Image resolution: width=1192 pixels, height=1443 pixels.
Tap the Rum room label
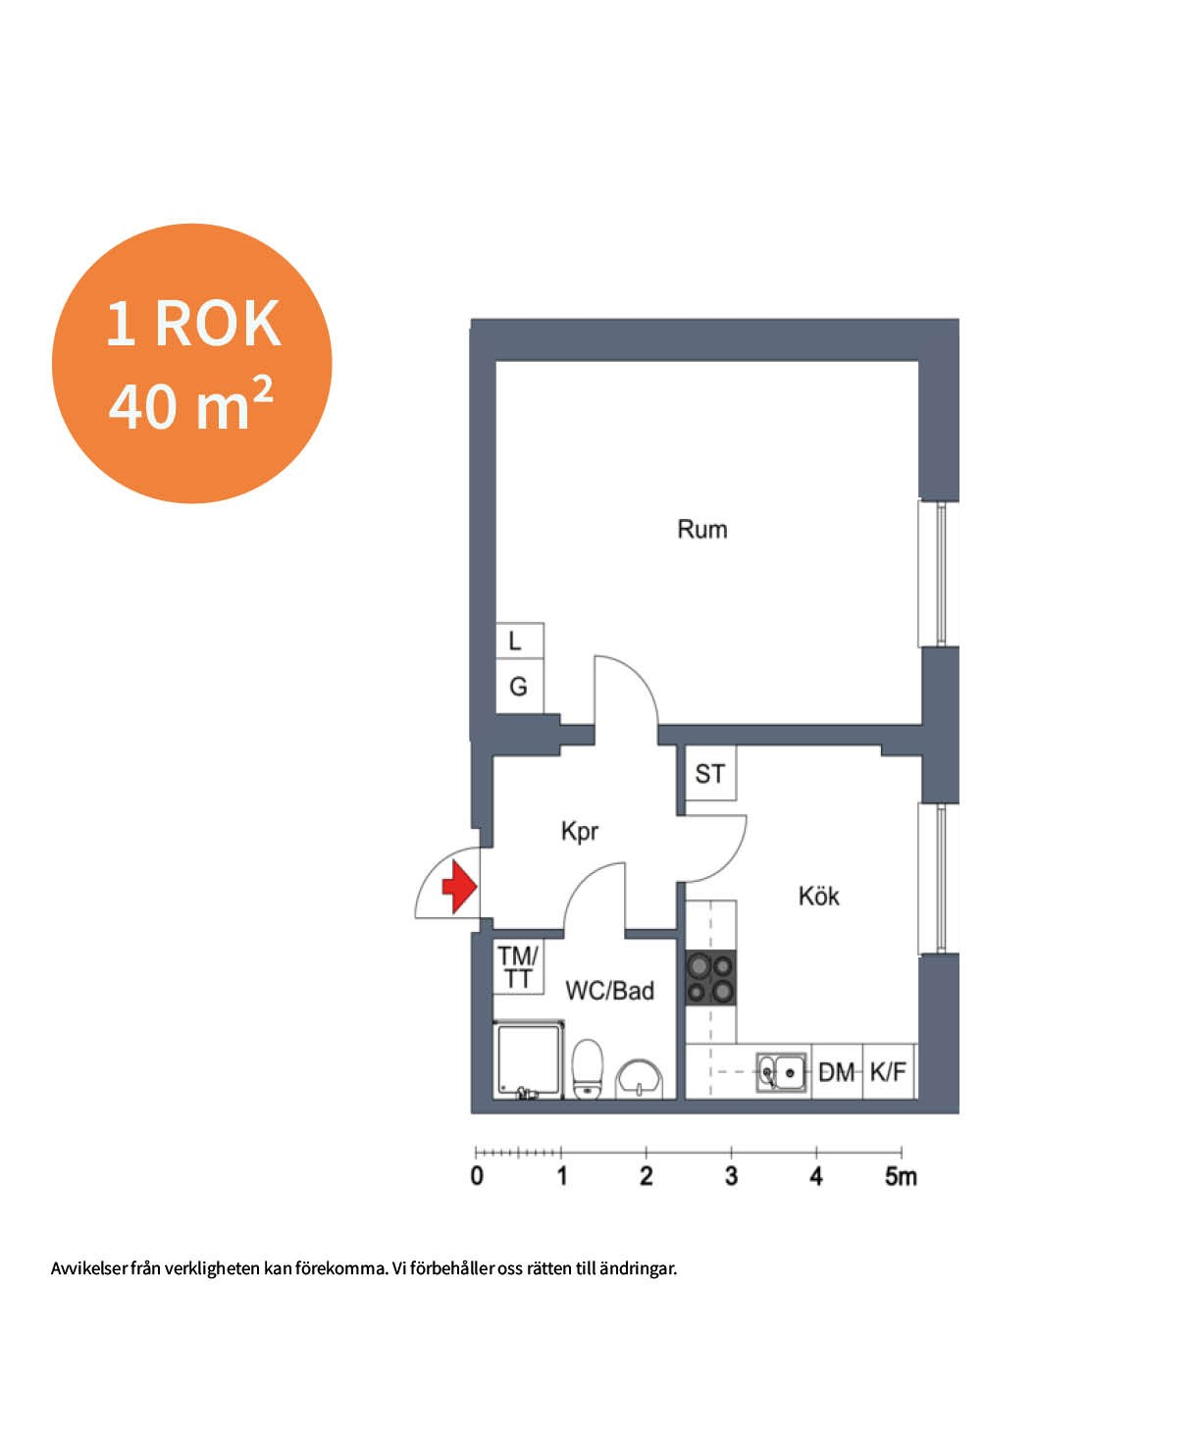[701, 530]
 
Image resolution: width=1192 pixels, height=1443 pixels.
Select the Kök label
[818, 896]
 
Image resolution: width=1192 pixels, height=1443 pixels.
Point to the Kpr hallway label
[579, 831]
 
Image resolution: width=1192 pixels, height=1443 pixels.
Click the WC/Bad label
[609, 991]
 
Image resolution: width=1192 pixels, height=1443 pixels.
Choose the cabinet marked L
[519, 641]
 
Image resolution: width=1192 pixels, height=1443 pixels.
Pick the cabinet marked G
[519, 686]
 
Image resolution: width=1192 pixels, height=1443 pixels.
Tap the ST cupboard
[710, 773]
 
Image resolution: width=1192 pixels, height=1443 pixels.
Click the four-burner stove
[710, 978]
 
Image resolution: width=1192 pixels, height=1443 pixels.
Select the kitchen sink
[781, 1072]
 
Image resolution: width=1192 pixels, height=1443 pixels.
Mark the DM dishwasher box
[837, 1071]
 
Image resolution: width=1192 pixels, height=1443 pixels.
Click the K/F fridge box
[889, 1071]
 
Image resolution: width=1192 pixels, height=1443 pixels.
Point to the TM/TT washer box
[518, 967]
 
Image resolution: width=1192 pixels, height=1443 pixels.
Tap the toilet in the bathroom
[588, 1068]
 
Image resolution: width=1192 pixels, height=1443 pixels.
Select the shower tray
[529, 1059]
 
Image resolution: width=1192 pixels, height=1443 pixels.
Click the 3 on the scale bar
[731, 1175]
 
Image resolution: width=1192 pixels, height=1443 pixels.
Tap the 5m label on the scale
[901, 1175]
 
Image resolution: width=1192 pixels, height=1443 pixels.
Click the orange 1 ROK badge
[192, 364]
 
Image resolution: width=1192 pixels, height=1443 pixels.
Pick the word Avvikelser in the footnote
[89, 1268]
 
